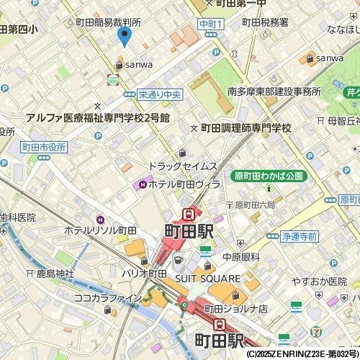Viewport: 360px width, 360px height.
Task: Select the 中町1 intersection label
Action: [x=212, y=24]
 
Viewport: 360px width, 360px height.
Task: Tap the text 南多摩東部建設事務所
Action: [x=274, y=91]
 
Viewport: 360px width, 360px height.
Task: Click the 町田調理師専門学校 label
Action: [x=246, y=128]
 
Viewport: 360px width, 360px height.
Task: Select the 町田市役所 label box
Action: [x=43, y=147]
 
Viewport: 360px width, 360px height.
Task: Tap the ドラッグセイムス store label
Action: [x=183, y=166]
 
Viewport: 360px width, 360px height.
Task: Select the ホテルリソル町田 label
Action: [x=101, y=230]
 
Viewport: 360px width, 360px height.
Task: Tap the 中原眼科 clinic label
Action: [x=240, y=256]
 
